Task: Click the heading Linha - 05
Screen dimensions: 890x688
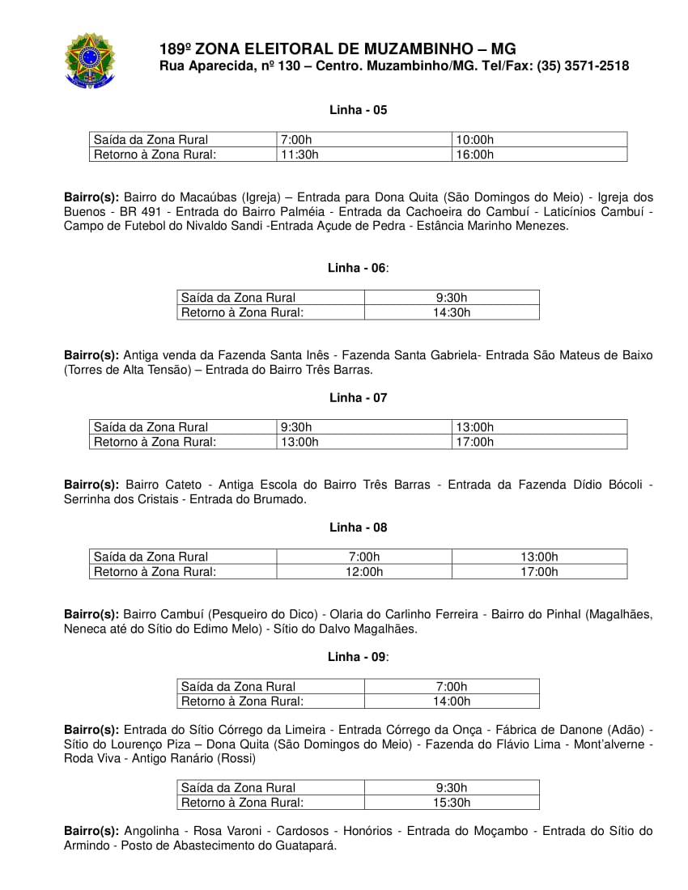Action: point(358,110)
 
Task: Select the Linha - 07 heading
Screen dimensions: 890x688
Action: point(358,398)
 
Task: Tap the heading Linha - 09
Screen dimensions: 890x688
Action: point(357,657)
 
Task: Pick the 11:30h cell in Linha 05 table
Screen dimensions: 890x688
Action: point(300,155)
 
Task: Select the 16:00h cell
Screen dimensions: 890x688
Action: point(475,155)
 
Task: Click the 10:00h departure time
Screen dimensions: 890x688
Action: point(475,140)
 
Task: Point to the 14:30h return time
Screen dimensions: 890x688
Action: point(452,312)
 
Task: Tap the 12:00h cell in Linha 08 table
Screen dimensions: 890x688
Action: point(364,571)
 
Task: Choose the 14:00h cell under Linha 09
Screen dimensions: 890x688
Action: point(452,701)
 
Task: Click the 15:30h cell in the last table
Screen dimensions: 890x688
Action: point(452,803)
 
